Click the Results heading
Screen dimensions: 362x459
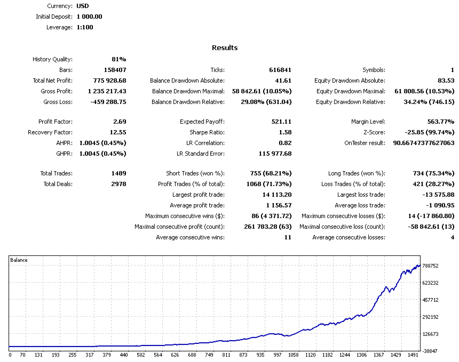(x=225, y=48)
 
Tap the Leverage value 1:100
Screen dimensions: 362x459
(x=85, y=27)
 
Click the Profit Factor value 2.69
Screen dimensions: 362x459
(x=120, y=122)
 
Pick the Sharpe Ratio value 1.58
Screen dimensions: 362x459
(x=285, y=132)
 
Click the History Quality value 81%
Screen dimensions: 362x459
(x=118, y=59)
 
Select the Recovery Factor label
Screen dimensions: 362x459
(x=50, y=132)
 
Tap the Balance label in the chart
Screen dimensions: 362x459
(x=19, y=260)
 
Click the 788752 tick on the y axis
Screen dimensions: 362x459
(x=430, y=266)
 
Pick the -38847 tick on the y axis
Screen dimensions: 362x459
(x=430, y=351)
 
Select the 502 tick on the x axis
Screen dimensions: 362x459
(x=141, y=355)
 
